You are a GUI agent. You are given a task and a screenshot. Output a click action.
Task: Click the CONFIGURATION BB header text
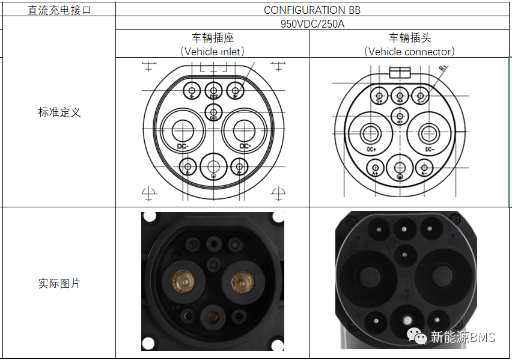click(x=312, y=10)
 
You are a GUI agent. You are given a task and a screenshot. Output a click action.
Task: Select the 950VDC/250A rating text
click(x=312, y=24)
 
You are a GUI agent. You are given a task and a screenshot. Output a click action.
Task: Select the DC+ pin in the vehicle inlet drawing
click(x=244, y=129)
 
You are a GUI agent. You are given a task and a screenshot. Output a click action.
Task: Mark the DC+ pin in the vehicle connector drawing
click(x=370, y=133)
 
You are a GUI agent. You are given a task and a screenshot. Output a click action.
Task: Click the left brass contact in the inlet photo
click(x=182, y=280)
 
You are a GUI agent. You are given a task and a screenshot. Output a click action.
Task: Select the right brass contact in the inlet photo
click(x=243, y=280)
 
